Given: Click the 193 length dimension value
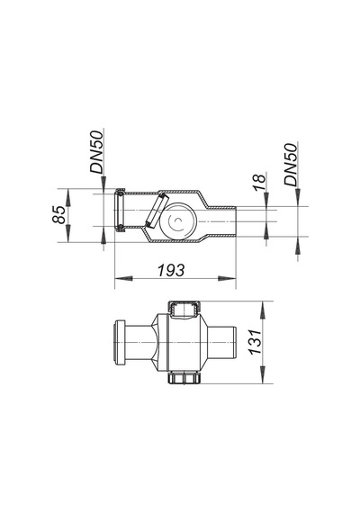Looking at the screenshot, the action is tap(171, 270).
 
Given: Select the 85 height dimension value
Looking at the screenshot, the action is tap(59, 214).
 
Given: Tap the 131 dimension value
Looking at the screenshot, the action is tap(256, 342).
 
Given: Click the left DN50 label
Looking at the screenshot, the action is tap(97, 151).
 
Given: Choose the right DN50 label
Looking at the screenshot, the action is tap(291, 165).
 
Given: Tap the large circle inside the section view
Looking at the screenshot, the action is tap(178, 221).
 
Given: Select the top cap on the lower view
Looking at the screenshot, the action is tap(184, 309).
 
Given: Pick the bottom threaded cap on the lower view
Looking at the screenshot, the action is tap(184, 378).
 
